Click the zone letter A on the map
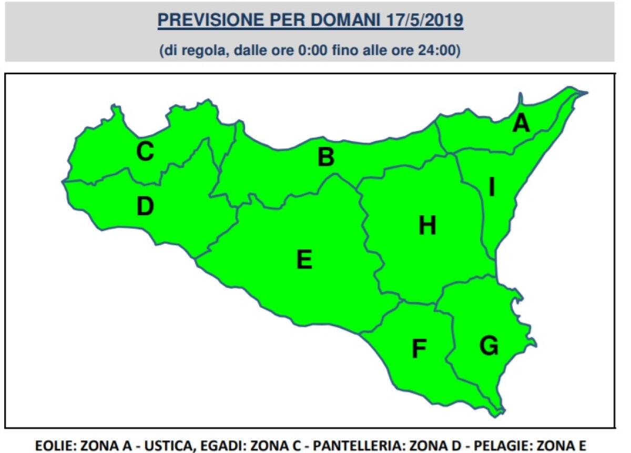[521, 123]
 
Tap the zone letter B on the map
[326, 157]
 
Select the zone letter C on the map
[145, 152]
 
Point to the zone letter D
[145, 206]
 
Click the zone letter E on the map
[304, 259]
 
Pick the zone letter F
[419, 348]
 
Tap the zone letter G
[488, 346]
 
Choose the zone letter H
[427, 226]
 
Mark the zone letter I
[492, 187]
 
